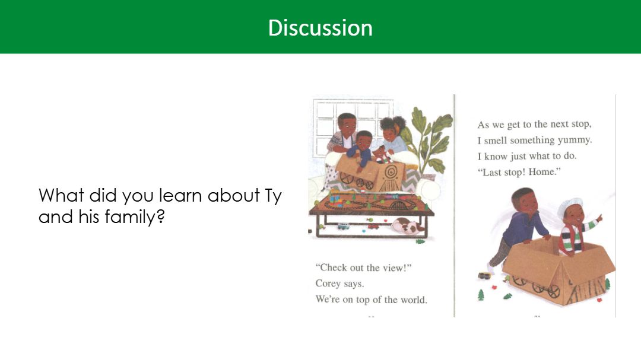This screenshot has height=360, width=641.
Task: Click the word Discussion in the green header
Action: click(320, 28)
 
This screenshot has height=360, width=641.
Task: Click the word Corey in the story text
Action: click(327, 283)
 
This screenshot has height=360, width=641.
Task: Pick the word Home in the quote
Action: click(542, 171)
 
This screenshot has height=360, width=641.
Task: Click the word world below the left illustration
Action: click(414, 300)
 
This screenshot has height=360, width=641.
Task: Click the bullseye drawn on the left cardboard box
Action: click(391, 171)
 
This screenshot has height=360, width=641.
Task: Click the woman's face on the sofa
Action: click(389, 129)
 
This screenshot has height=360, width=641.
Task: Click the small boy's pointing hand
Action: click(599, 218)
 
